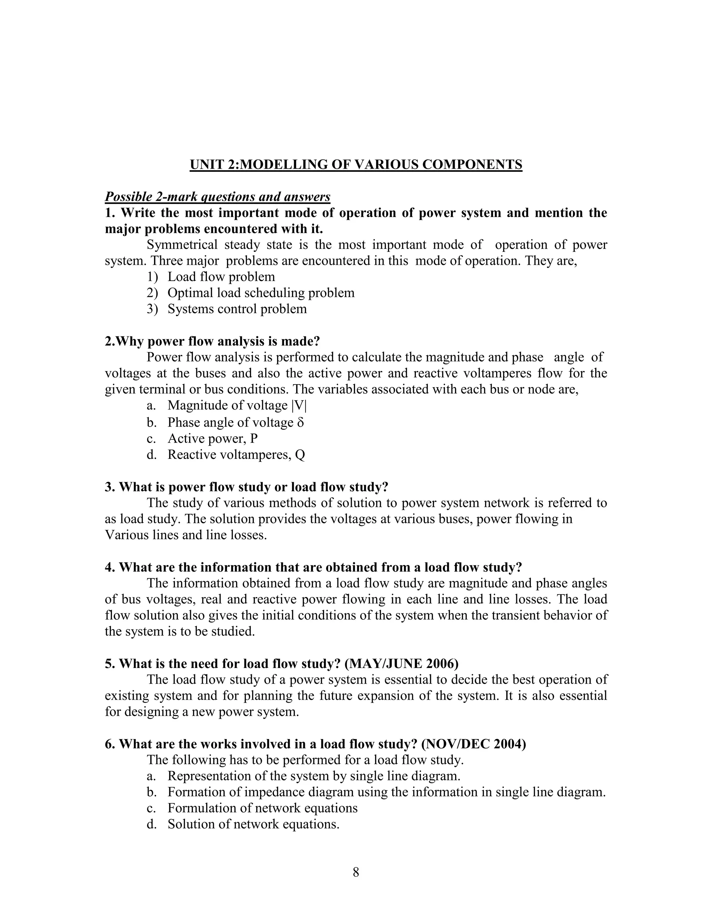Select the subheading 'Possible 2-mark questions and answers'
pyautogui.click(x=217, y=197)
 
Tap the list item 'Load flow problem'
pyautogui.click(x=221, y=277)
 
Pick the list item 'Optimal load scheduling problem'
pyautogui.click(x=261, y=293)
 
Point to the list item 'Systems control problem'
pyautogui.click(x=237, y=309)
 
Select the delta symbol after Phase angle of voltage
pyautogui.click(x=300, y=423)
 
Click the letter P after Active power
pyautogui.click(x=253, y=439)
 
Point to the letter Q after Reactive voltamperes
pyautogui.click(x=300, y=455)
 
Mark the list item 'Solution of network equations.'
pyautogui.click(x=253, y=825)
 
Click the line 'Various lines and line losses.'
pyautogui.click(x=186, y=535)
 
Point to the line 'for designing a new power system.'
pyautogui.click(x=202, y=712)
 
